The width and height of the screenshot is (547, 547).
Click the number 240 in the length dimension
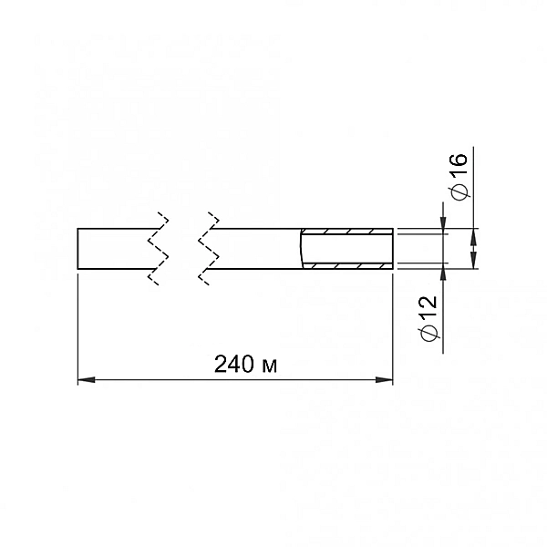coord(234,364)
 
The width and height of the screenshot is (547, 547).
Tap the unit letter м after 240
coord(269,366)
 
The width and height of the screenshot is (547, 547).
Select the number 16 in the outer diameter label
coord(459,164)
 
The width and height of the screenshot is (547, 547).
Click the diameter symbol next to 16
coord(459,191)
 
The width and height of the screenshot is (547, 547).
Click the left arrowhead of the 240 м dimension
coord(87,379)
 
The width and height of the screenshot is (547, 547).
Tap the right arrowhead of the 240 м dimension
coord(384,379)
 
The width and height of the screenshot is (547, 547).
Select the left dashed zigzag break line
coord(159,248)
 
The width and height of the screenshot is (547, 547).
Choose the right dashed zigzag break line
coord(209,248)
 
